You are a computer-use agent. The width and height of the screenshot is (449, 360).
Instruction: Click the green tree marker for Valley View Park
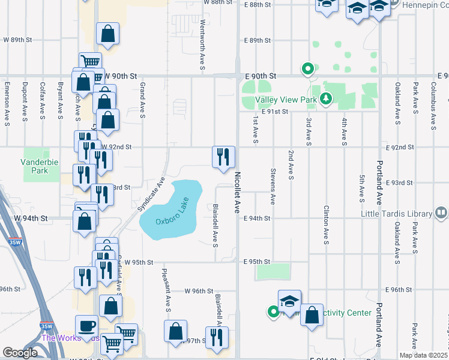326,98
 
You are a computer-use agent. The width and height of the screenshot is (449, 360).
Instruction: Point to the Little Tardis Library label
397,214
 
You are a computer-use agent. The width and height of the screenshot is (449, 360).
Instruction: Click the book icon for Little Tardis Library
441,213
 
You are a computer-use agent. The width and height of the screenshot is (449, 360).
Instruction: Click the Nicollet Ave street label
237,192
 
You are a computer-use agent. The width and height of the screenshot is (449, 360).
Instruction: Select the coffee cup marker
86,325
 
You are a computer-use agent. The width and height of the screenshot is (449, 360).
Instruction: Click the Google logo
20,353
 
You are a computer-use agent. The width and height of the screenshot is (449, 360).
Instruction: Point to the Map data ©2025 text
424,356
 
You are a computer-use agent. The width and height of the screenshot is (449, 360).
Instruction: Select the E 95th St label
258,262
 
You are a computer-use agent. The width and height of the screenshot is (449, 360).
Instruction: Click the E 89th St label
258,40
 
